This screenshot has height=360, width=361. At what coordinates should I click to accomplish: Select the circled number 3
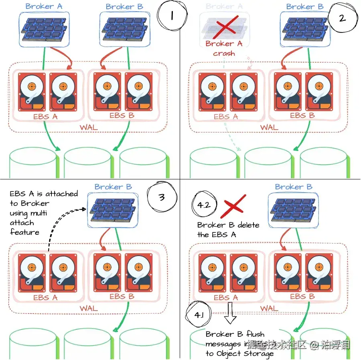click(x=161, y=197)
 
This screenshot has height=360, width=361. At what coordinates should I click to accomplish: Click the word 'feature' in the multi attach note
click(x=25, y=232)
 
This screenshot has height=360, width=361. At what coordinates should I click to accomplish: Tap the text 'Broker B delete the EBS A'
click(x=228, y=230)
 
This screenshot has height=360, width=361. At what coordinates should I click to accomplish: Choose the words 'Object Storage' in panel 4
click(x=245, y=353)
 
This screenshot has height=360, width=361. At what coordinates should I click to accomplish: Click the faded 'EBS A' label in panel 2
click(x=225, y=117)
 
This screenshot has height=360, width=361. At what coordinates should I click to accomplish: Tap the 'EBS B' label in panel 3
click(x=122, y=297)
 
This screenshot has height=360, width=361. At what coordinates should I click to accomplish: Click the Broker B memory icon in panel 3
click(x=113, y=209)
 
